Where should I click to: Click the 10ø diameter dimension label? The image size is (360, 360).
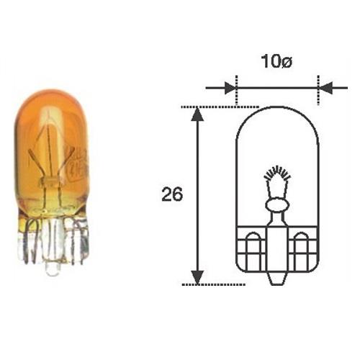(x=276, y=61)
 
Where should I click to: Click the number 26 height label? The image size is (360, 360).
(x=172, y=194)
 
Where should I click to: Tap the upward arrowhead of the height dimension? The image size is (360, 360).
(x=198, y=114)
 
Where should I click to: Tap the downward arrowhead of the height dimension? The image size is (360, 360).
(x=198, y=277)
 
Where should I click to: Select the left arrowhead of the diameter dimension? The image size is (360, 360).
(x=230, y=88)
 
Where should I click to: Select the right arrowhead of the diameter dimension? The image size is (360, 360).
(x=325, y=88)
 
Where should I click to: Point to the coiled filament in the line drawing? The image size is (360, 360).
(x=277, y=174)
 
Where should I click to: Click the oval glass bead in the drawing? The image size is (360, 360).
(x=277, y=204)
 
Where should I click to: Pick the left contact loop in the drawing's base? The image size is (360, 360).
(x=253, y=251)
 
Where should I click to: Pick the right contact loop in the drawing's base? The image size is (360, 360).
(x=302, y=251)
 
